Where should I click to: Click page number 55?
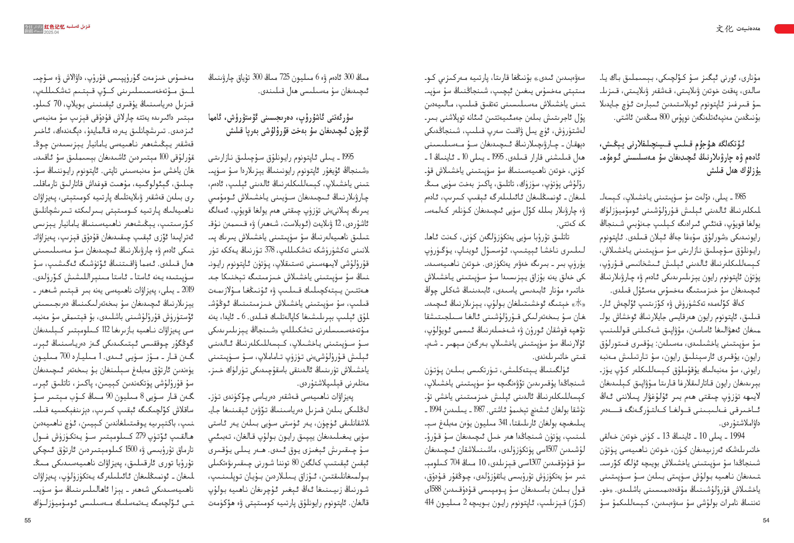click(28, 520)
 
